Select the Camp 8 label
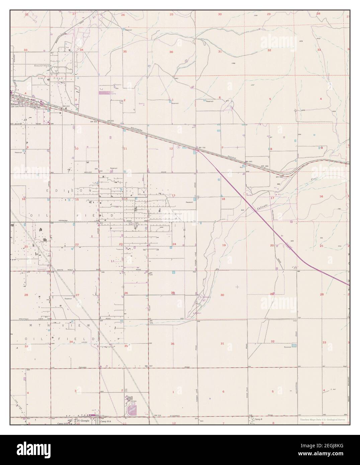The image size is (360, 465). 257,418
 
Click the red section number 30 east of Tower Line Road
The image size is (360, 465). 222,295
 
